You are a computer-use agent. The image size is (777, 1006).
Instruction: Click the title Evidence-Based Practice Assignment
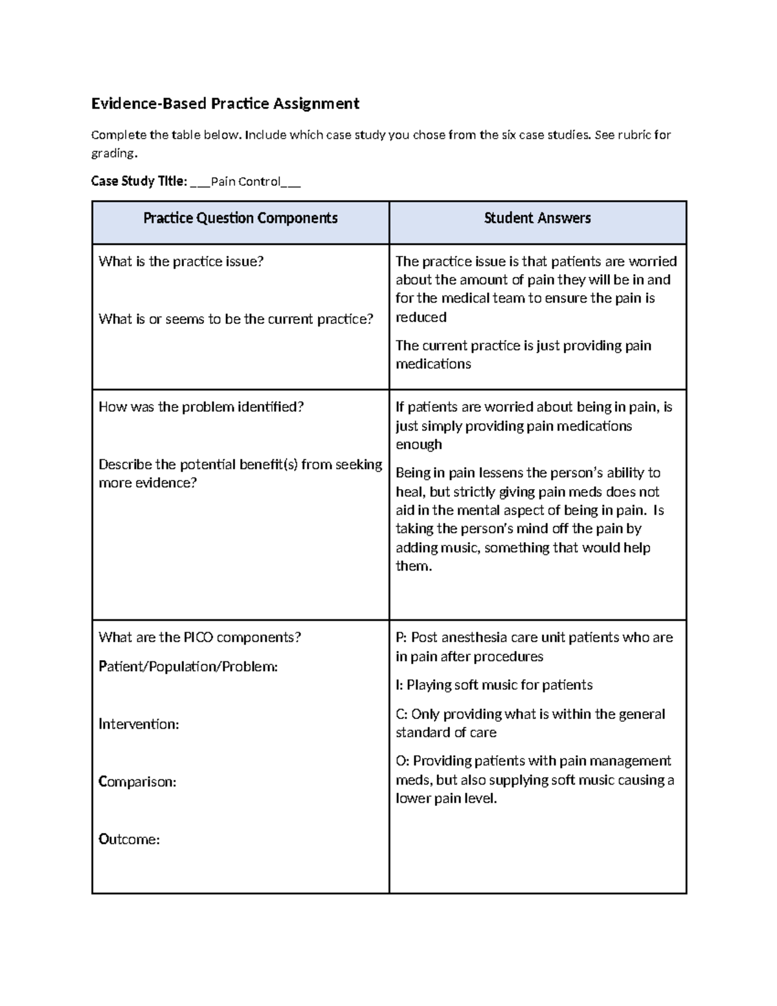(225, 104)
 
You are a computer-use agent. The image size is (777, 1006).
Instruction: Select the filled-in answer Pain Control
(245, 181)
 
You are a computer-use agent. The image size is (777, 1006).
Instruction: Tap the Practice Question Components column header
(240, 218)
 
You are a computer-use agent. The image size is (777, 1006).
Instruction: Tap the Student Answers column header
(537, 218)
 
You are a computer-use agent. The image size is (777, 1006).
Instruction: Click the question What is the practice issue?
(181, 262)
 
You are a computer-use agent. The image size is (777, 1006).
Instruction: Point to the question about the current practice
(236, 319)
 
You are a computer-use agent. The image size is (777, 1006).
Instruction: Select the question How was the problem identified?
(201, 407)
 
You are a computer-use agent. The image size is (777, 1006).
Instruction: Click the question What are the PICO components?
(199, 637)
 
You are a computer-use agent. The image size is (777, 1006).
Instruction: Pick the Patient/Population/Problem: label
(188, 667)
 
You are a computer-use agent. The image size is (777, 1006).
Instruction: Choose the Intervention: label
(139, 724)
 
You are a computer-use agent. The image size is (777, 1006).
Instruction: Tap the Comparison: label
(137, 782)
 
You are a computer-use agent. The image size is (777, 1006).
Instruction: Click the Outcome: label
(129, 840)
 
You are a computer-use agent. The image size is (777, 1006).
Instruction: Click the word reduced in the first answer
(421, 317)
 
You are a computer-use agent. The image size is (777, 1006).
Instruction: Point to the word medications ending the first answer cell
(433, 364)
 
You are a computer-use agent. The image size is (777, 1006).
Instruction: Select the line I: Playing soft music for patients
(494, 685)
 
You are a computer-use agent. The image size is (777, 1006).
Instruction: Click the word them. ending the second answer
(413, 566)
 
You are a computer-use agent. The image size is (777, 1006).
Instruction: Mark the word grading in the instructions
(113, 154)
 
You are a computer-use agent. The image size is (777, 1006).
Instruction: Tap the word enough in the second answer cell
(419, 444)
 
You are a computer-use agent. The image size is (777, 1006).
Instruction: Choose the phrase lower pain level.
(446, 799)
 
